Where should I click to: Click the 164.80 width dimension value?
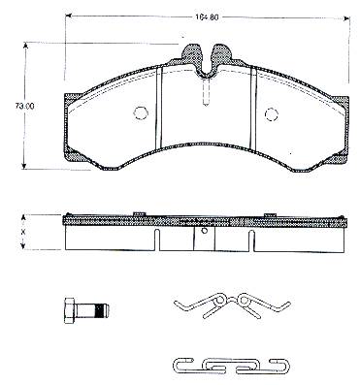tap(207, 17)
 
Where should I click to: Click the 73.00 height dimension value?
tap(24, 106)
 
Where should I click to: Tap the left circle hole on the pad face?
tap(141, 112)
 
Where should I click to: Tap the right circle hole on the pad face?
tap(272, 114)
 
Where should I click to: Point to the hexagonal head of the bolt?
tap(69, 311)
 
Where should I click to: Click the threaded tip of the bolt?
tap(103, 311)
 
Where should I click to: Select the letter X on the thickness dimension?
tap(23, 232)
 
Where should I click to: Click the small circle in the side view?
tap(204, 231)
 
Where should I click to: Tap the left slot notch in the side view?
tap(157, 241)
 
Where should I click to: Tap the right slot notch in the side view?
tap(251, 241)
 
